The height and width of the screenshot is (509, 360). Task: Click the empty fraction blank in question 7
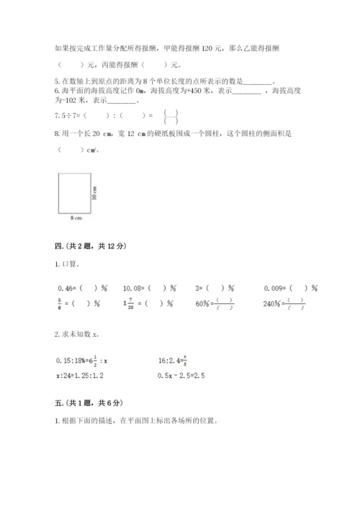170,114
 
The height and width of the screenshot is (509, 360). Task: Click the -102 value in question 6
76,100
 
